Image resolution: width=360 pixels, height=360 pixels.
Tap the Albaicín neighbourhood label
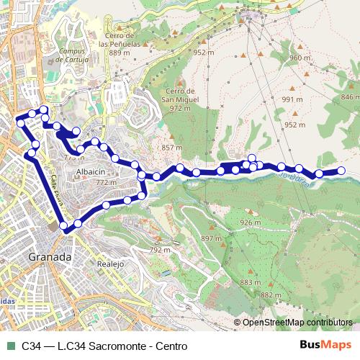pyautogui.click(x=91, y=173)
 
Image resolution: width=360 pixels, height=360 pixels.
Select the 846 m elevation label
pyautogui.click(x=349, y=96)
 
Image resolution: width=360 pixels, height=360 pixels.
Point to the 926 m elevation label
pyautogui.click(x=250, y=222)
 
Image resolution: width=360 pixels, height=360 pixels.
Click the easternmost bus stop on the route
pyautogui.click(x=341, y=171)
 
